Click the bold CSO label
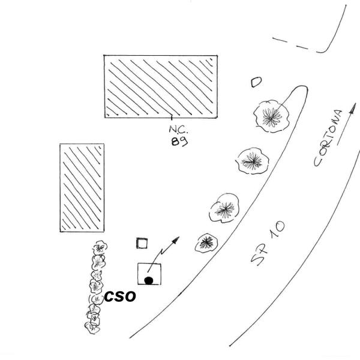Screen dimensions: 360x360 pyautogui.click(x=121, y=296)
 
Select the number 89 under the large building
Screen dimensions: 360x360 pyautogui.click(x=177, y=142)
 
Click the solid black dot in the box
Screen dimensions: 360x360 pyautogui.click(x=148, y=280)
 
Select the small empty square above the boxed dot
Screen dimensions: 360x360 pyautogui.click(x=142, y=243)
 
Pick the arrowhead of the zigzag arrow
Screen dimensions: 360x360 pyautogui.click(x=176, y=240)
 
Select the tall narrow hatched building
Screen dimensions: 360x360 pyautogui.click(x=82, y=188)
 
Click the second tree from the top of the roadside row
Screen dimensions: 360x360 pyautogui.click(x=253, y=161)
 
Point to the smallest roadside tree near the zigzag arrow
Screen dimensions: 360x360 pyautogui.click(x=206, y=242)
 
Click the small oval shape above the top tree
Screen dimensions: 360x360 pyautogui.click(x=256, y=82)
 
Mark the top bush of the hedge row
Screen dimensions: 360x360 pyautogui.click(x=99, y=247)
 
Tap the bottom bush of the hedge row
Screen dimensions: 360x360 pyautogui.click(x=92, y=327)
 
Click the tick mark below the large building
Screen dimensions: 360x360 pyautogui.click(x=173, y=118)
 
